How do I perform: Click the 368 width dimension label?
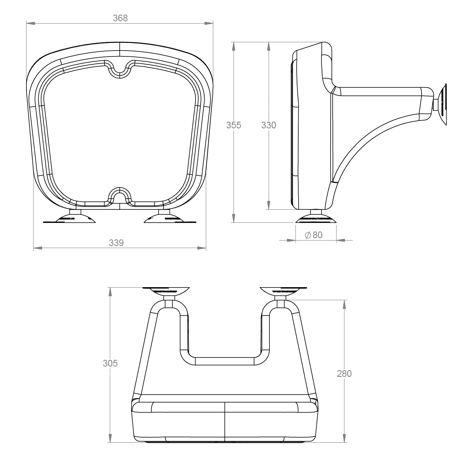(120, 18)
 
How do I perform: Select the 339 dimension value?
(116, 243)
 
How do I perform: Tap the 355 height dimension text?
(233, 125)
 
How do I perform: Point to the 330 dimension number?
(269, 125)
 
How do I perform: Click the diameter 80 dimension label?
(314, 235)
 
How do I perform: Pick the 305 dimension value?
(110, 363)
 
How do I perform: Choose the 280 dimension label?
(344, 373)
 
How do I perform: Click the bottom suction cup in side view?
(316, 218)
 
